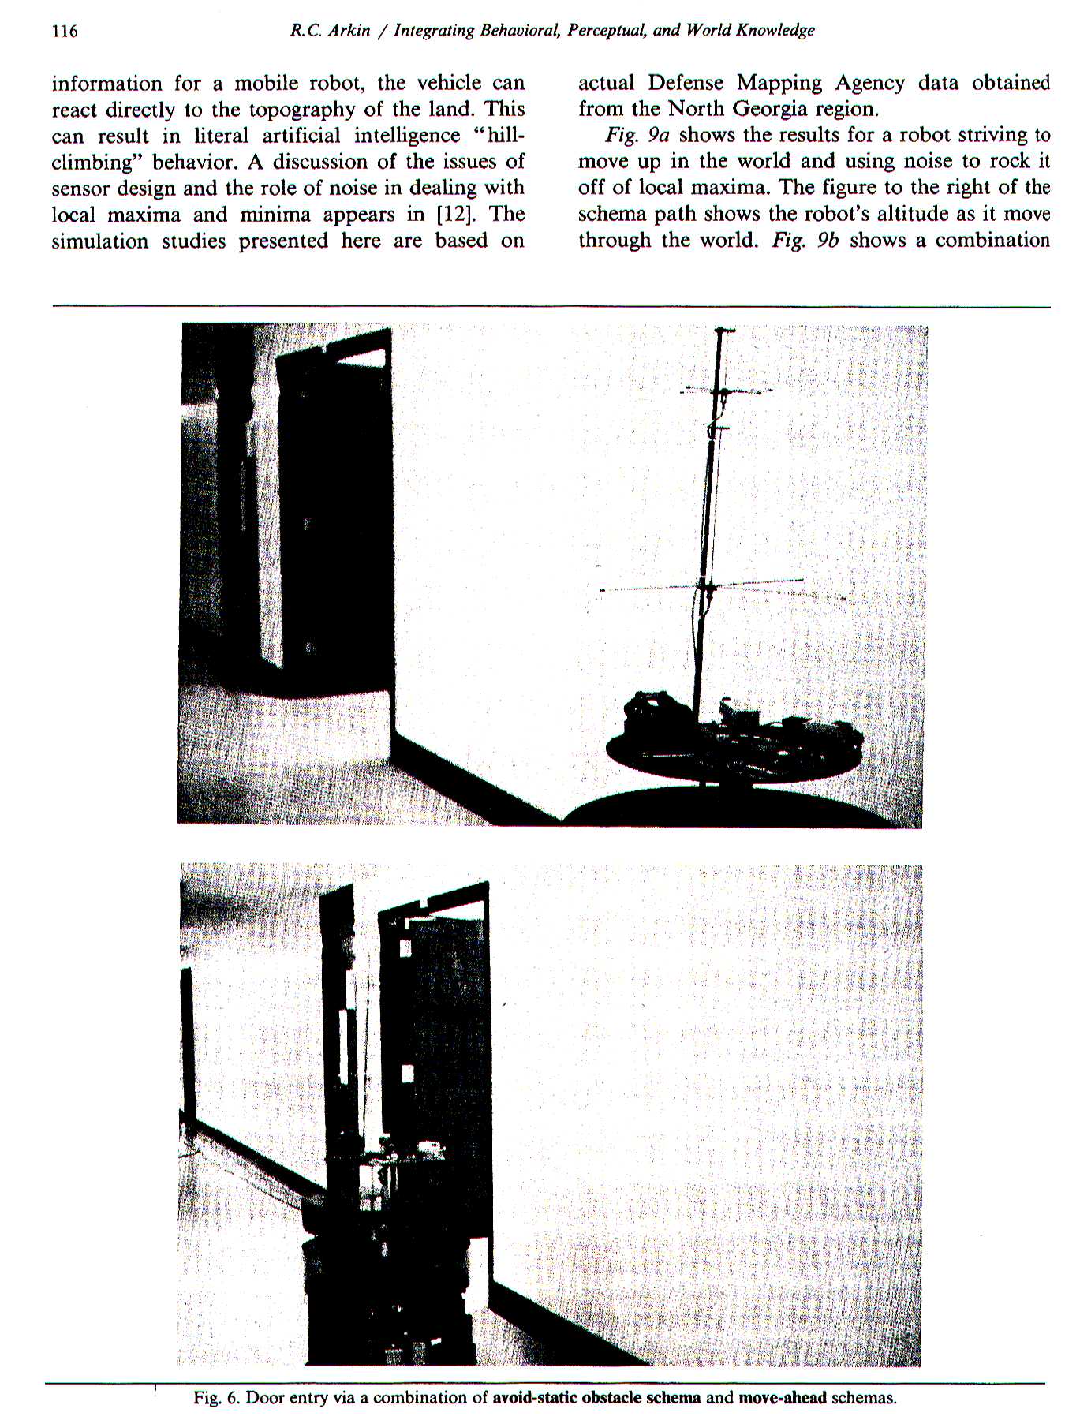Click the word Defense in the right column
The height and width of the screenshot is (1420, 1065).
[x=686, y=84]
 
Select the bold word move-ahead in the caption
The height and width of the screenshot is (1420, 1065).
[x=782, y=1398]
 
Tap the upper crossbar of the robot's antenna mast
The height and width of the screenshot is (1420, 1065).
[x=724, y=391]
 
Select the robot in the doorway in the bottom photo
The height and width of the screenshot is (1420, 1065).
[x=394, y=1239]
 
